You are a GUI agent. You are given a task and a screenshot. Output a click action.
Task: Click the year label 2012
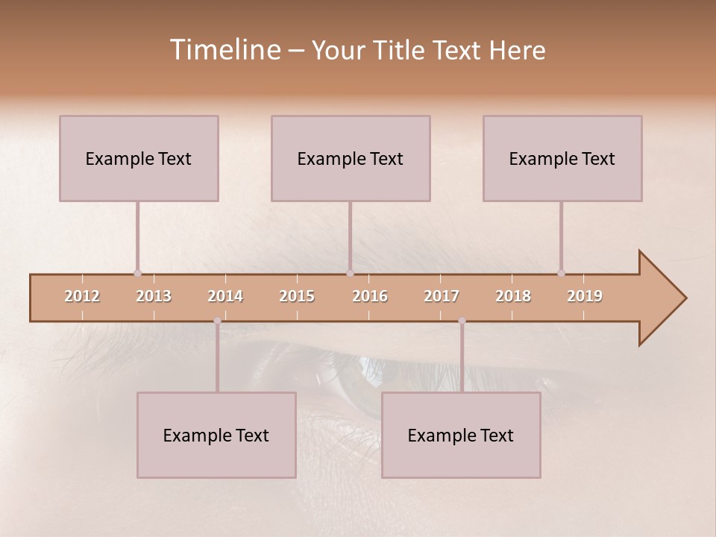[82, 296]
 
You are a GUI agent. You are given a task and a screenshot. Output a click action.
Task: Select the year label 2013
[154, 296]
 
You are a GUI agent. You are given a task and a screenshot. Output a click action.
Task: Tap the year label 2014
[225, 296]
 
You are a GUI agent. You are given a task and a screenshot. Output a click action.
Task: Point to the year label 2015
[297, 296]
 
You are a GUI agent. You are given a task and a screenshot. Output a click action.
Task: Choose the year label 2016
[370, 296]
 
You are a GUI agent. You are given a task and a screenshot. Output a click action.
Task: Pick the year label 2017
[442, 296]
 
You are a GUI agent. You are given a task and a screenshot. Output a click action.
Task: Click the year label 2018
[513, 296]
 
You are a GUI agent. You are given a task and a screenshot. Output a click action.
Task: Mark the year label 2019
[585, 296]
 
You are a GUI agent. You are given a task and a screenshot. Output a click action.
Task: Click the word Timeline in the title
[224, 50]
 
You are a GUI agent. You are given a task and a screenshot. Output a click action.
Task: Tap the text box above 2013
[139, 158]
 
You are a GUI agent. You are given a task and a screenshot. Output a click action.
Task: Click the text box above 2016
[351, 158]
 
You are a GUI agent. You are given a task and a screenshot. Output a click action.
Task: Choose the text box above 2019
[562, 158]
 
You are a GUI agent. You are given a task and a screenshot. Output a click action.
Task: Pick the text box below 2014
[216, 435]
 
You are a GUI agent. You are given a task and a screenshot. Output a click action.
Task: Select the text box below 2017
[461, 435]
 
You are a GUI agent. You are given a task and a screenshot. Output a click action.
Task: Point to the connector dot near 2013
[137, 274]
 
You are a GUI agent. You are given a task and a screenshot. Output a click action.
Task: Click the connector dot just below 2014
[217, 321]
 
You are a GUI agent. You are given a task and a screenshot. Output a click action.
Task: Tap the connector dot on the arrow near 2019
[561, 274]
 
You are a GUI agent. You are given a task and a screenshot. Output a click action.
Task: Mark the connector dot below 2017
[462, 321]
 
